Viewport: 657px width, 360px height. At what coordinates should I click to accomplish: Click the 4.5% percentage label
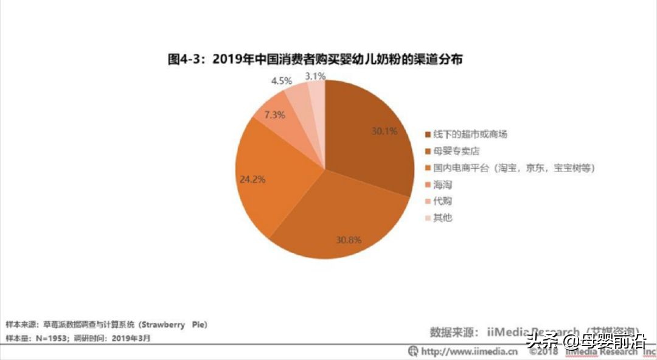282,80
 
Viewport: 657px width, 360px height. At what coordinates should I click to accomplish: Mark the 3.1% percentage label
315,76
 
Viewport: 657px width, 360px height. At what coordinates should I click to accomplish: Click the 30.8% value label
349,240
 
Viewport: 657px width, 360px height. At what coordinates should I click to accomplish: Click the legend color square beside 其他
428,218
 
